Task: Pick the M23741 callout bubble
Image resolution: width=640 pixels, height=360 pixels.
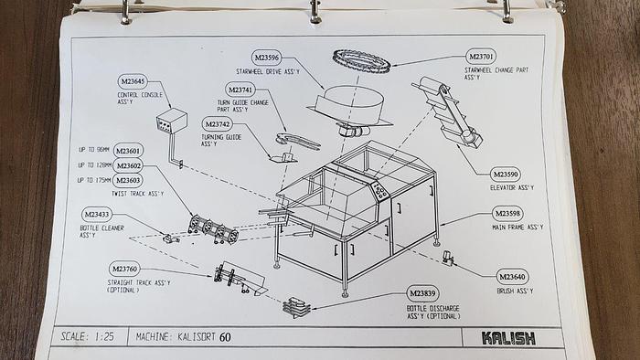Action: pyautogui.click(x=240, y=90)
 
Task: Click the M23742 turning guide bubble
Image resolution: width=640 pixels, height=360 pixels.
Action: pyautogui.click(x=218, y=124)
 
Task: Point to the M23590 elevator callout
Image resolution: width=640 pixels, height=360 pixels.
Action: pyautogui.click(x=506, y=174)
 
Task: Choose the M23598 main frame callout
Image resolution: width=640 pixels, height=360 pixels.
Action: pyautogui.click(x=507, y=213)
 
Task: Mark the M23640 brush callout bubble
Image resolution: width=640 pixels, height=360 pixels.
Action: pyautogui.click(x=512, y=276)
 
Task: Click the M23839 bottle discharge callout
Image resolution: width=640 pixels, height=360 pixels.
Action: pyautogui.click(x=423, y=293)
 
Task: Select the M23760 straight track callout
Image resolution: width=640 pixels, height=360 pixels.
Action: pyautogui.click(x=124, y=269)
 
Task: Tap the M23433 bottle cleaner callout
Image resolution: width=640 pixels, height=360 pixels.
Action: pyautogui.click(x=96, y=214)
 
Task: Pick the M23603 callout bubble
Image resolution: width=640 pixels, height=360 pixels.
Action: pyautogui.click(x=129, y=180)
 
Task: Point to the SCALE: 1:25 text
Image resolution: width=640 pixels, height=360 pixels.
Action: pyautogui.click(x=89, y=336)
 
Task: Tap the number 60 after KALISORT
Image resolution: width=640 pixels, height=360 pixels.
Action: pyautogui.click(x=226, y=337)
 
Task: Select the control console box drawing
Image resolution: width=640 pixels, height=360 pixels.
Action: pyautogui.click(x=171, y=121)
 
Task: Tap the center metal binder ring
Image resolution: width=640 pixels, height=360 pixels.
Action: pyautogui.click(x=315, y=11)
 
